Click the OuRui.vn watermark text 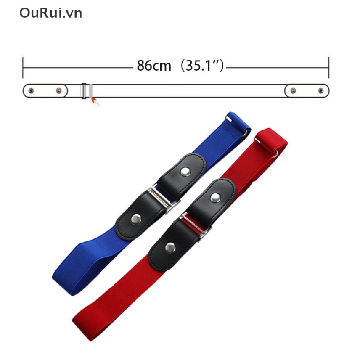(x=51, y=13)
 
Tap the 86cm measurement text (x=154, y=66)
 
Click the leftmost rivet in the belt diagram (x=31, y=91)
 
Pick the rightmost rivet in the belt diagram (x=321, y=91)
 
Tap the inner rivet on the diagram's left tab (x=59, y=91)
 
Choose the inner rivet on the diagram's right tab (x=293, y=91)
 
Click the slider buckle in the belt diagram (x=84, y=91)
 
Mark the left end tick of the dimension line (x=23, y=68)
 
